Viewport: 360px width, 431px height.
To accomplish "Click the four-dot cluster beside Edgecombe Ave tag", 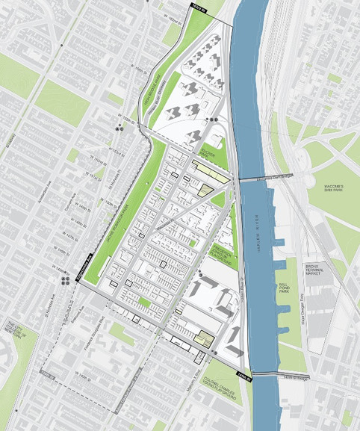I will click(59, 280).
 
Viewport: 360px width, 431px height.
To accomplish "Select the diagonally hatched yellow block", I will click(202, 190).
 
